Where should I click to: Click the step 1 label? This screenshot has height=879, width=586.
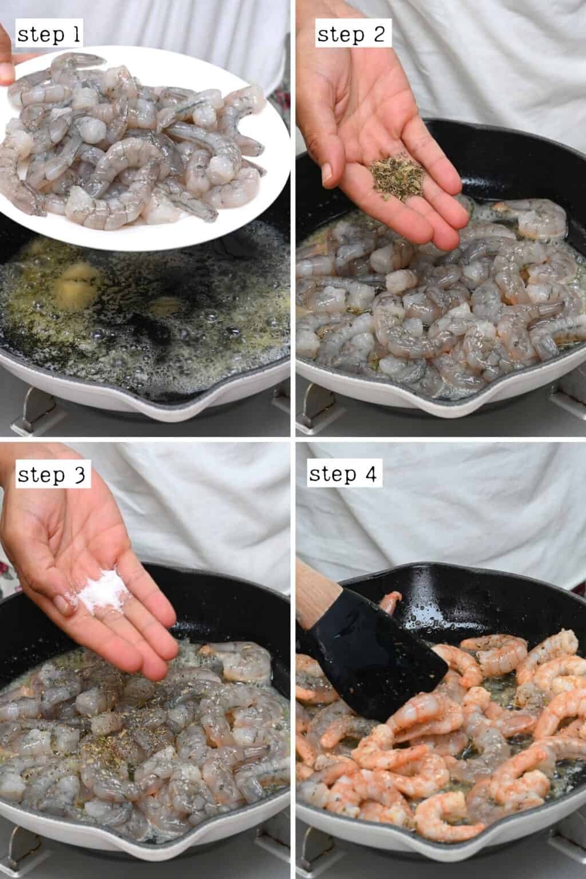(49, 35)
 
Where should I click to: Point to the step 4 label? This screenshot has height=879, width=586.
(344, 475)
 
